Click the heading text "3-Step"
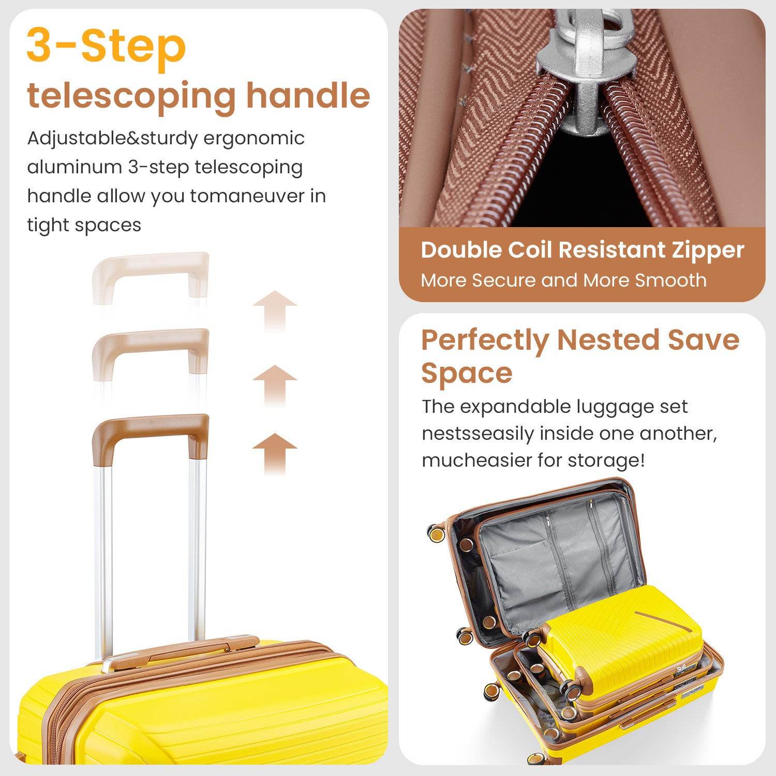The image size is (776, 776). [106, 47]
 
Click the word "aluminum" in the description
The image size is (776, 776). [74, 168]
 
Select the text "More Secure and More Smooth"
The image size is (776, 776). [563, 280]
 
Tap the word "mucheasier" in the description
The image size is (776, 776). [475, 460]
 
